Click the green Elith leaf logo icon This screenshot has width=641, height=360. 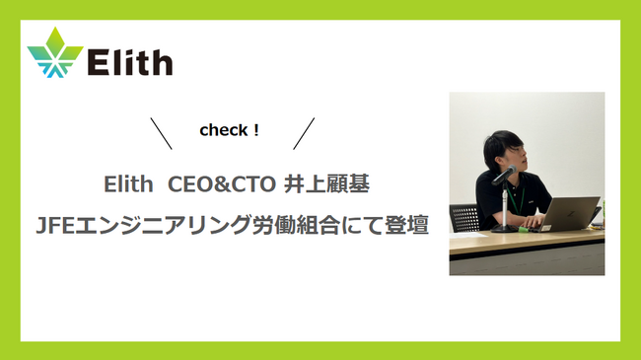(55, 57)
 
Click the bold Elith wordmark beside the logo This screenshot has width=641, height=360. (130, 62)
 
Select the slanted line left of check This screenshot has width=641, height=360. (161, 133)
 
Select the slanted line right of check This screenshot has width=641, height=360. (305, 133)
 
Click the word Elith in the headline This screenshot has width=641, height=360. (125, 184)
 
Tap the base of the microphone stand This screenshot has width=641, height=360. (505, 228)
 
